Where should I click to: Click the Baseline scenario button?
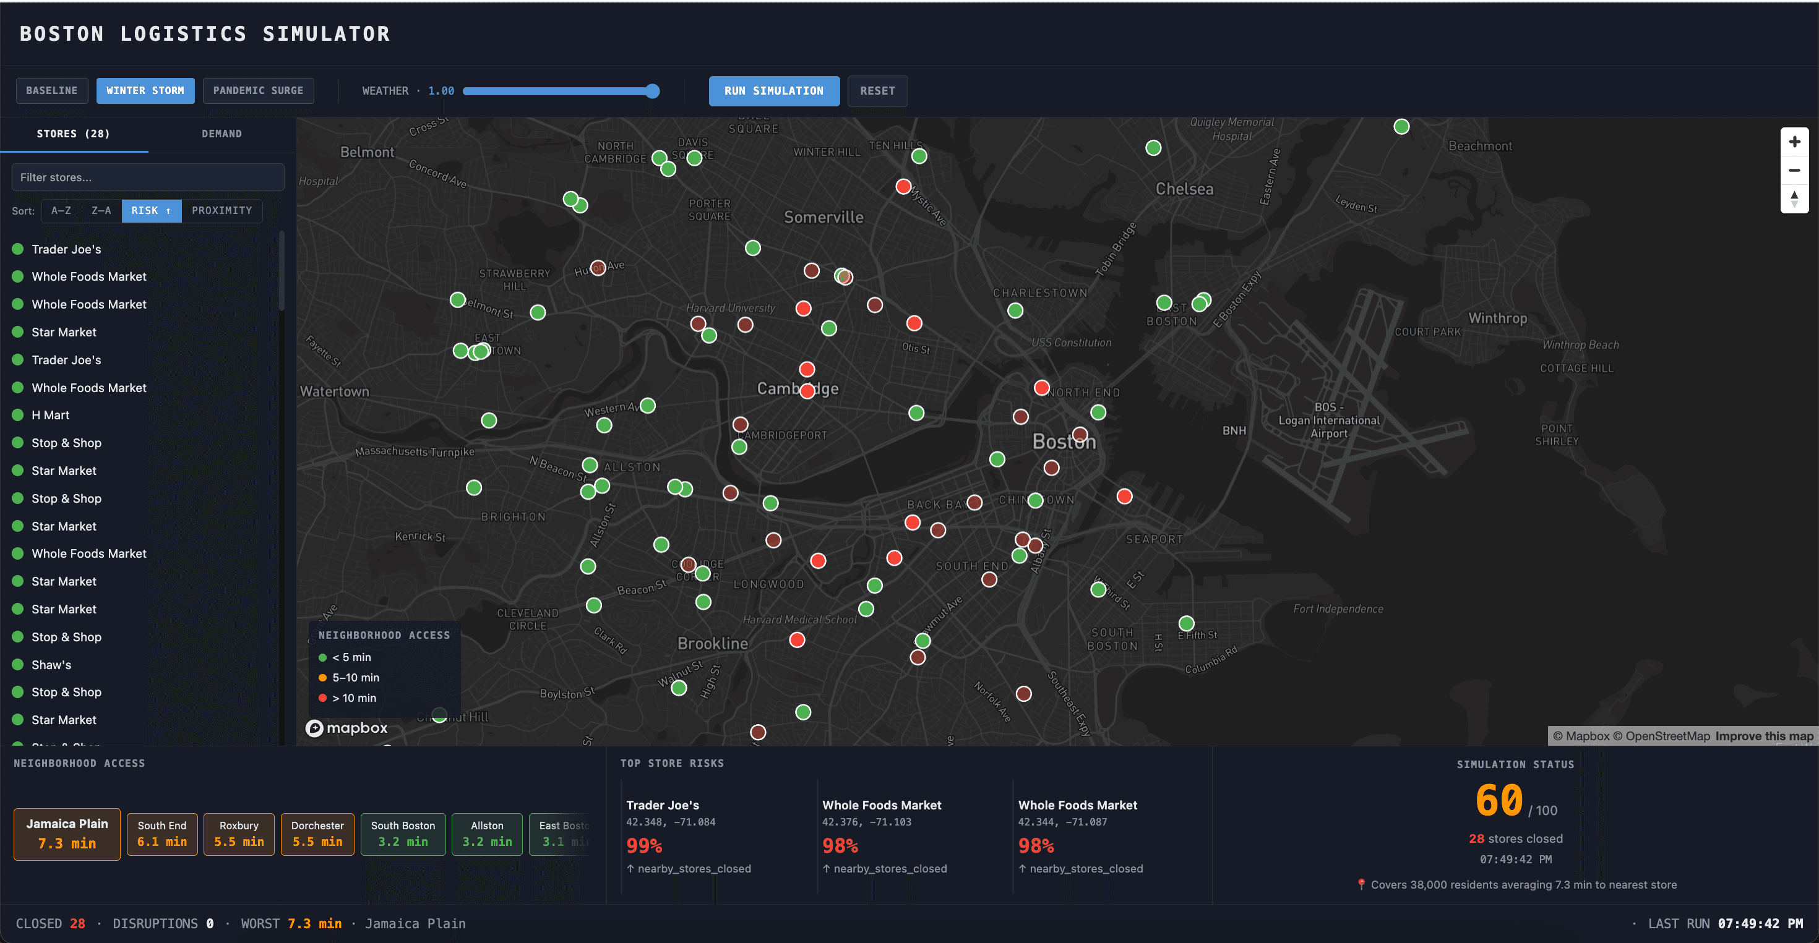51,90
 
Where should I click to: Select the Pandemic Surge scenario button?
258,90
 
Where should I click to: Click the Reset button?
877,90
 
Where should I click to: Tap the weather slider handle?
653,91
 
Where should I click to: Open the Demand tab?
221,134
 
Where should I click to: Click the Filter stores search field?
148,177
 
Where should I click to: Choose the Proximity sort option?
221,210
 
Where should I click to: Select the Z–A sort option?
101,210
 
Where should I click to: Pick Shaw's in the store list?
51,664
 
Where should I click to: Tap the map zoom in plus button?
1794,142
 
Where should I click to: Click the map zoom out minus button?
1794,170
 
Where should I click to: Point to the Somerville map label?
823,218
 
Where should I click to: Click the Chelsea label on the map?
1184,189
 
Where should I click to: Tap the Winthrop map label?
1497,318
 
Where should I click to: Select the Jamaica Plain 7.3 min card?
67,834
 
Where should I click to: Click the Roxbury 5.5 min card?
239,834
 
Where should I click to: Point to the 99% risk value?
643,845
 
